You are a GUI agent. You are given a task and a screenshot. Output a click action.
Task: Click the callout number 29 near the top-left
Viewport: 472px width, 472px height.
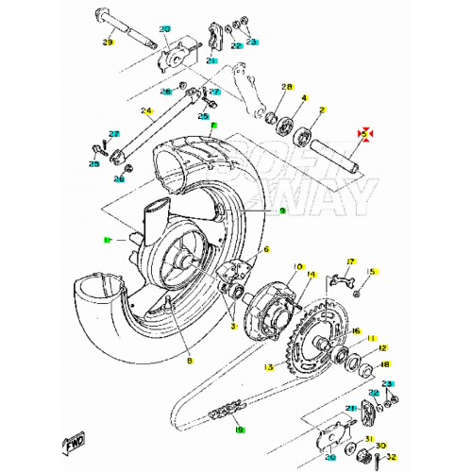(x=107, y=42)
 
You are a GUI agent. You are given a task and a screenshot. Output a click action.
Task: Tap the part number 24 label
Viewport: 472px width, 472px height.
(x=147, y=110)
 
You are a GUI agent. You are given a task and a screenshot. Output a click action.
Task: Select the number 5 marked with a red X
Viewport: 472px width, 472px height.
(x=362, y=135)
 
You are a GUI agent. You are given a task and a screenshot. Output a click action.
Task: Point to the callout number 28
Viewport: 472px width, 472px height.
(x=288, y=86)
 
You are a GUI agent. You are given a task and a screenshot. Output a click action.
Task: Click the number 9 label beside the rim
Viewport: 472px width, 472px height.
(x=255, y=211)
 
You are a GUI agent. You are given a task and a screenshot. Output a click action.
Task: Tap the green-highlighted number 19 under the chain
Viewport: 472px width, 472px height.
(x=239, y=430)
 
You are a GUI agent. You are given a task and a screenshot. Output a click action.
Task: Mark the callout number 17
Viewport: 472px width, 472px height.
(x=350, y=261)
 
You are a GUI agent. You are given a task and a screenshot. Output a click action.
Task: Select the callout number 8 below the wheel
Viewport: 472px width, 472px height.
(x=189, y=362)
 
